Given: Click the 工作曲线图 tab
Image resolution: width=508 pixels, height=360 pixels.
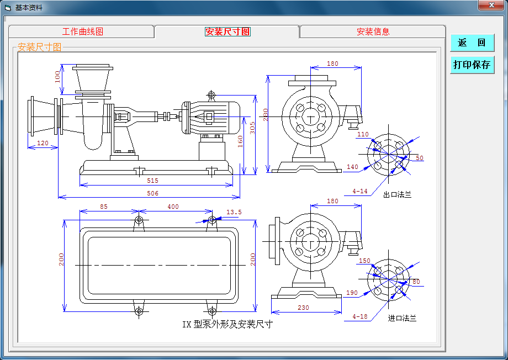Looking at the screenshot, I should pyautogui.click(x=82, y=31).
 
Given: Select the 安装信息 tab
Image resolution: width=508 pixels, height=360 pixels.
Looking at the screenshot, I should pyautogui.click(x=373, y=31).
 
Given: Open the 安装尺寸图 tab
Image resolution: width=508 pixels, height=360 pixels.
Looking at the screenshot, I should pyautogui.click(x=227, y=31).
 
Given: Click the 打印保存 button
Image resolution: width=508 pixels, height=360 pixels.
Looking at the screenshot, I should pyautogui.click(x=472, y=65).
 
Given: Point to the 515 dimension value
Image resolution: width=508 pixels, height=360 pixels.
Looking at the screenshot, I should pyautogui.click(x=152, y=181).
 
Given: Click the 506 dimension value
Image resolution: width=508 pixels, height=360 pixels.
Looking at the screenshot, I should pyautogui.click(x=152, y=193).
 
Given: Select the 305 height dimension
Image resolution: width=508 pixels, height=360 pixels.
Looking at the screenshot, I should pyautogui.click(x=252, y=128).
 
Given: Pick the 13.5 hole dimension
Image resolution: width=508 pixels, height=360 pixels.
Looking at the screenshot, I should pyautogui.click(x=234, y=212).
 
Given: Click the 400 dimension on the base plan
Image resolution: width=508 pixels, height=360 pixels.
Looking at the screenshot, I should pyautogui.click(x=173, y=207).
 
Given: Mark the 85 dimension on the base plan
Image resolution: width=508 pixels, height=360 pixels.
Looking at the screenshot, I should pyautogui.click(x=103, y=207).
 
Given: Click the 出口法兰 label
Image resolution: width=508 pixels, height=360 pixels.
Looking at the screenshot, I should pyautogui.click(x=397, y=194).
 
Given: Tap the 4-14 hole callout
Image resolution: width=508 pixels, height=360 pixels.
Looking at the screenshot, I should pyautogui.click(x=359, y=192).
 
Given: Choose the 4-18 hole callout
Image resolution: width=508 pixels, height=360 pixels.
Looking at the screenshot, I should pyautogui.click(x=359, y=316).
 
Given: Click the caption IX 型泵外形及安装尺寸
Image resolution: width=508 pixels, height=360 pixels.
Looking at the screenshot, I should pyautogui.click(x=227, y=324).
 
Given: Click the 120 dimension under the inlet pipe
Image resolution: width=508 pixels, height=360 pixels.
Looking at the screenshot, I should pyautogui.click(x=43, y=144).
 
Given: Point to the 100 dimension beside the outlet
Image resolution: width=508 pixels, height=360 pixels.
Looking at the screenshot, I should pyautogui.click(x=57, y=76).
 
